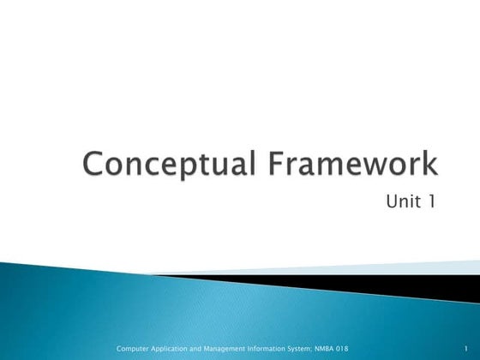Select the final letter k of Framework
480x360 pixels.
tap(428, 165)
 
